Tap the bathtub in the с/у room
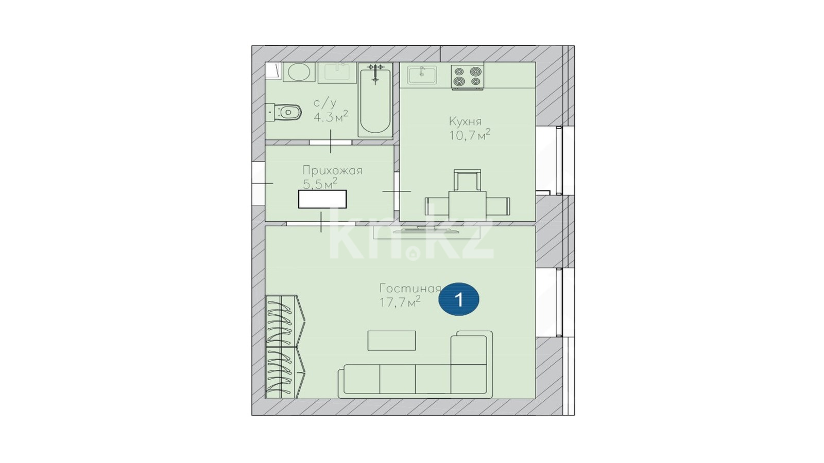[375, 100]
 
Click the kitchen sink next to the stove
[422, 75]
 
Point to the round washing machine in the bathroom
[298, 72]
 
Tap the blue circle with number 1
[459, 299]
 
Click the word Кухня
[465, 121]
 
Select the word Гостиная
[410, 289]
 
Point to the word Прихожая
[332, 171]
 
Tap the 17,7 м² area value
[400, 302]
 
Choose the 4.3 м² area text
[331, 116]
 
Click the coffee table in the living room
[391, 341]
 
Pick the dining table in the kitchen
[467, 206]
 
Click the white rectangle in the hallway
[322, 199]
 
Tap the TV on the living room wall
[426, 230]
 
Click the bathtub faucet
[375, 71]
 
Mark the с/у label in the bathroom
[325, 103]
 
